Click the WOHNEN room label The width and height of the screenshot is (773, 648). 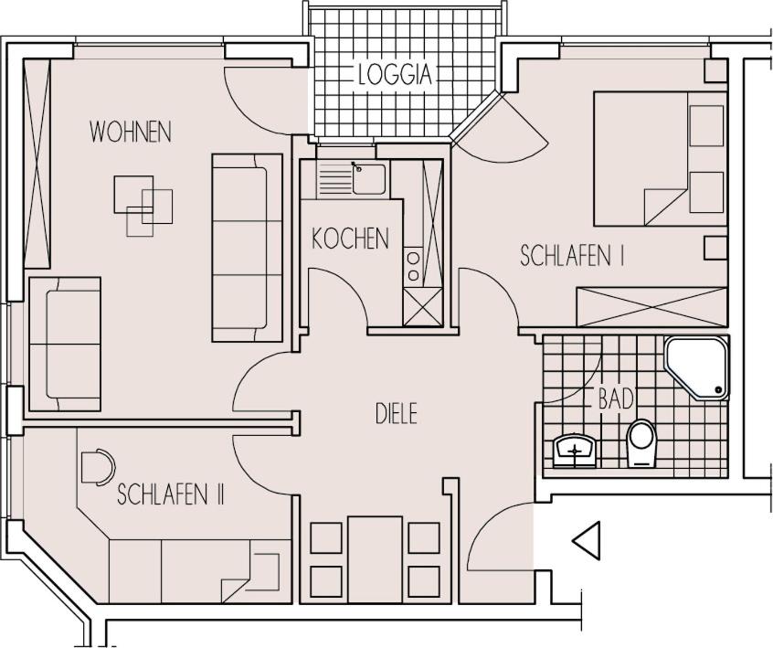pos(131,132)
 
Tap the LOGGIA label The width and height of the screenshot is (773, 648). pos(396,74)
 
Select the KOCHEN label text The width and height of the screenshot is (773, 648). pos(351,239)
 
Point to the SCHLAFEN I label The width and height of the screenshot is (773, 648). pos(573,257)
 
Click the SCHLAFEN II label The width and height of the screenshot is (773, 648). pos(171,494)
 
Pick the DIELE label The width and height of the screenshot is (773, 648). pos(397,413)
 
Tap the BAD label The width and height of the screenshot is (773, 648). pos(616,398)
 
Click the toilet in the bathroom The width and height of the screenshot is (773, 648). pos(641,443)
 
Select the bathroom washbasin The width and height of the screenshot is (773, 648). pos(575,451)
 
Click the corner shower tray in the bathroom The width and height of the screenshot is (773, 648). pos(696,368)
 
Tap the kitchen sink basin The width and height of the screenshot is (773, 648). pos(369,179)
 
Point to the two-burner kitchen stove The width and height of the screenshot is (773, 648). pos(413,266)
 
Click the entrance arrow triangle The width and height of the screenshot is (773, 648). pos(587,540)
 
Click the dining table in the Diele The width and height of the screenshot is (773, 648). pos(375,559)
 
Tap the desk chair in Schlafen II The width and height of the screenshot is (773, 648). pos(98,467)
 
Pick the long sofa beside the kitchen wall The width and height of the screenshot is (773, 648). pos(247,248)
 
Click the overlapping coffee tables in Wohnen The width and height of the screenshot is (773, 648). pos(143,206)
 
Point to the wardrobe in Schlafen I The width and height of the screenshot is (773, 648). pos(652,306)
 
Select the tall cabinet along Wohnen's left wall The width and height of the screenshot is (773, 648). pos(37,164)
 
